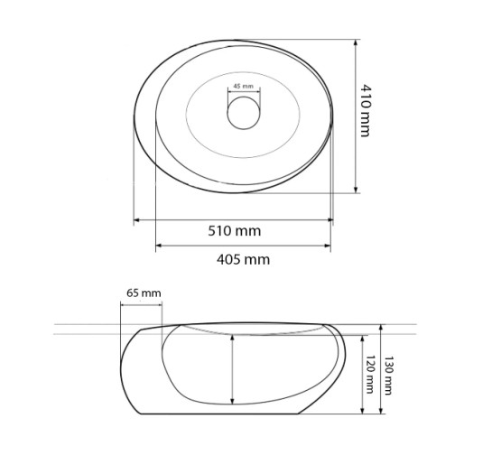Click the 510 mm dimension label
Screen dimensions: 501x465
point(234,231)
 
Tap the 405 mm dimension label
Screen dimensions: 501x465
point(243,259)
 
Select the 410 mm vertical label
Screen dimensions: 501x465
point(366,110)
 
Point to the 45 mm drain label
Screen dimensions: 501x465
point(243,86)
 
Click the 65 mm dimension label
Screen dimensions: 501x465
point(144,293)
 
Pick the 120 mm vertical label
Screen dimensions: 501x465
point(369,374)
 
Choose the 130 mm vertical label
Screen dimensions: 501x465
point(388,376)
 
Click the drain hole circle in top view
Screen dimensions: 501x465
point(244,113)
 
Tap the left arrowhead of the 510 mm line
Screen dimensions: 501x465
point(136,220)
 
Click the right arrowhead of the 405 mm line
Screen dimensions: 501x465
point(328,246)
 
